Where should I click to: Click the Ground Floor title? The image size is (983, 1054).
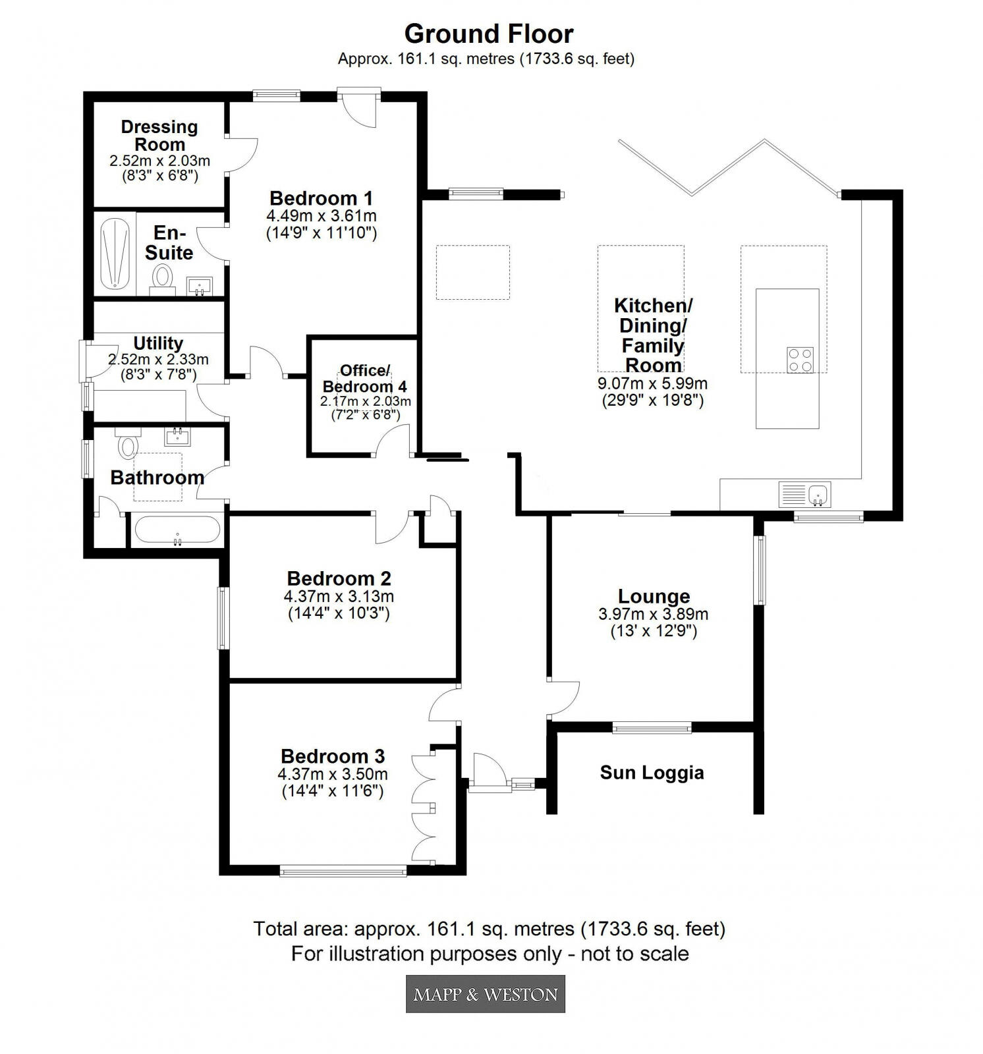coord(488,34)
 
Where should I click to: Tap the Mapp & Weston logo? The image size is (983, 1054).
coord(485,993)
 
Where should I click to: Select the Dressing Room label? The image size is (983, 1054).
coord(159,135)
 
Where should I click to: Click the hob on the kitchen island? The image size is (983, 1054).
coord(800,360)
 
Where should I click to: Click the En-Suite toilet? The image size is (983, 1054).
coord(161,277)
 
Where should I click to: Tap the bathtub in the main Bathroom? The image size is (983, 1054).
coord(176,529)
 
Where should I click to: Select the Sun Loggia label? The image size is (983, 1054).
coord(652,772)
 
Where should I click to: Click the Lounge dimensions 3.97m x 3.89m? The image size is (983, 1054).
coord(653,614)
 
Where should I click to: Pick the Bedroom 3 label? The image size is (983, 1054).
coord(333,756)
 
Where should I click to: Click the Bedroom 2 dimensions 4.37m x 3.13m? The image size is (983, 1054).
coord(339,596)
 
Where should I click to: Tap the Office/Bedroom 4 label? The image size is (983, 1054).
coord(364,378)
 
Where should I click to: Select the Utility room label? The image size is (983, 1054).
coord(158,343)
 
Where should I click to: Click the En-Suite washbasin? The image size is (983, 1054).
coord(199,286)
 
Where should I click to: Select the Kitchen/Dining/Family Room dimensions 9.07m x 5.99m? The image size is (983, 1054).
coord(652,383)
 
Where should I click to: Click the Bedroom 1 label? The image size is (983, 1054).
coord(321,198)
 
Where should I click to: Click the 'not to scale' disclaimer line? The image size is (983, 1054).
coord(490,953)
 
